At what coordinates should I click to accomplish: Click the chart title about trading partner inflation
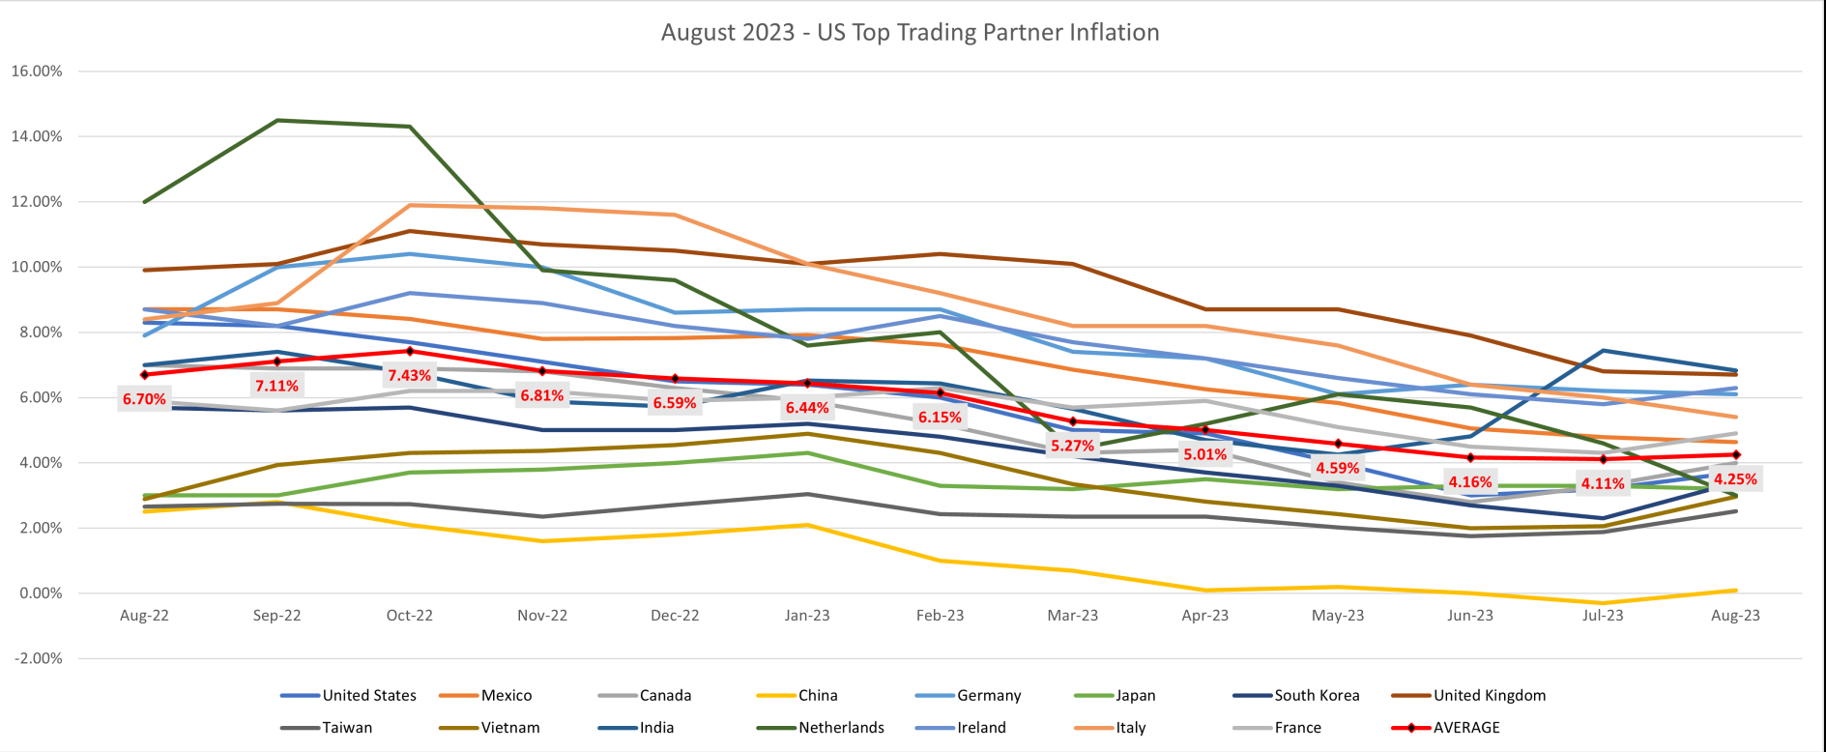point(910,32)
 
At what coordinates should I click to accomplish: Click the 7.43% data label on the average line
point(409,375)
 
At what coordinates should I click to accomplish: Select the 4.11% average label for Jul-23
point(1602,483)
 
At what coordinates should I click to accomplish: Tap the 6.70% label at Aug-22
point(144,398)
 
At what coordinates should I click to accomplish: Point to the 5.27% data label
point(1072,446)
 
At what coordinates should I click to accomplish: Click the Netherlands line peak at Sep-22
point(277,121)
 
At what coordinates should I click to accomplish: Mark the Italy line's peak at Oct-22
point(410,205)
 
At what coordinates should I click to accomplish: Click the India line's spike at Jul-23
point(1603,351)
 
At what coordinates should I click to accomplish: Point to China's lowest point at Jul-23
point(1603,603)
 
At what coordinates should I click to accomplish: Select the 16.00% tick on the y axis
point(37,71)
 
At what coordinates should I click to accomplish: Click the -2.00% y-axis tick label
point(37,658)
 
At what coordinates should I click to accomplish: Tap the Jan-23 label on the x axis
point(807,615)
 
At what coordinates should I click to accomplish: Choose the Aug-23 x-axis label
point(1735,615)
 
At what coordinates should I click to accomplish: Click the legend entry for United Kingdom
point(1489,695)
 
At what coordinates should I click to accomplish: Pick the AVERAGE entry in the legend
point(1465,727)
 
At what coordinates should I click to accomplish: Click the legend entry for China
point(818,695)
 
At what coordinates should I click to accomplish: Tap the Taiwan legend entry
point(347,727)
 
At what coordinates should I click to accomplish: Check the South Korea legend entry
point(1317,695)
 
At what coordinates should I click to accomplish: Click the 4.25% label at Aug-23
point(1735,478)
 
